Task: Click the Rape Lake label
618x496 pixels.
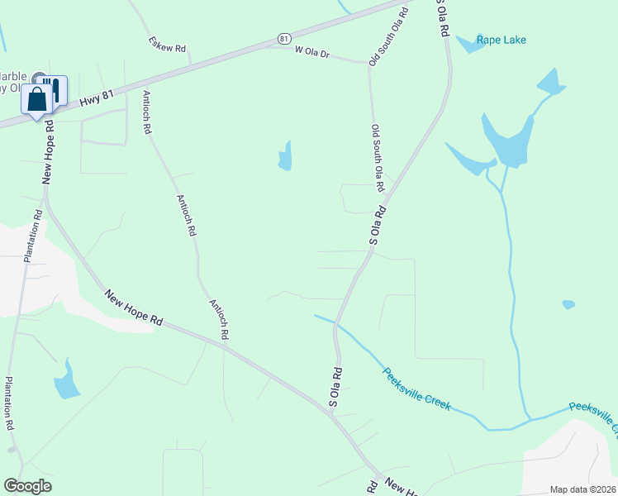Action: click(x=501, y=40)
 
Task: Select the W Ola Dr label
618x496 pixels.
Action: click(x=312, y=53)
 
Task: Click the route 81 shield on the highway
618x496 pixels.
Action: click(x=284, y=38)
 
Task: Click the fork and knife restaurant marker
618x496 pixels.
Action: click(x=55, y=88)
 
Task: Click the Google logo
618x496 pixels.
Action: click(x=27, y=486)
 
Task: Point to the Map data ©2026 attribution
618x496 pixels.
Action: click(x=582, y=489)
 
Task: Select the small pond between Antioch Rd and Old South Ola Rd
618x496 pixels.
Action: click(x=285, y=157)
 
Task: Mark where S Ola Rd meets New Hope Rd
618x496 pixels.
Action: click(x=329, y=411)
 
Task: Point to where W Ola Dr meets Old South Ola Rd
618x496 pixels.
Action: click(x=368, y=64)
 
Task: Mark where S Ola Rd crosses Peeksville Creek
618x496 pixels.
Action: click(x=336, y=325)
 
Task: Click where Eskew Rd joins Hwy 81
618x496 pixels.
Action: click(x=191, y=64)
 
